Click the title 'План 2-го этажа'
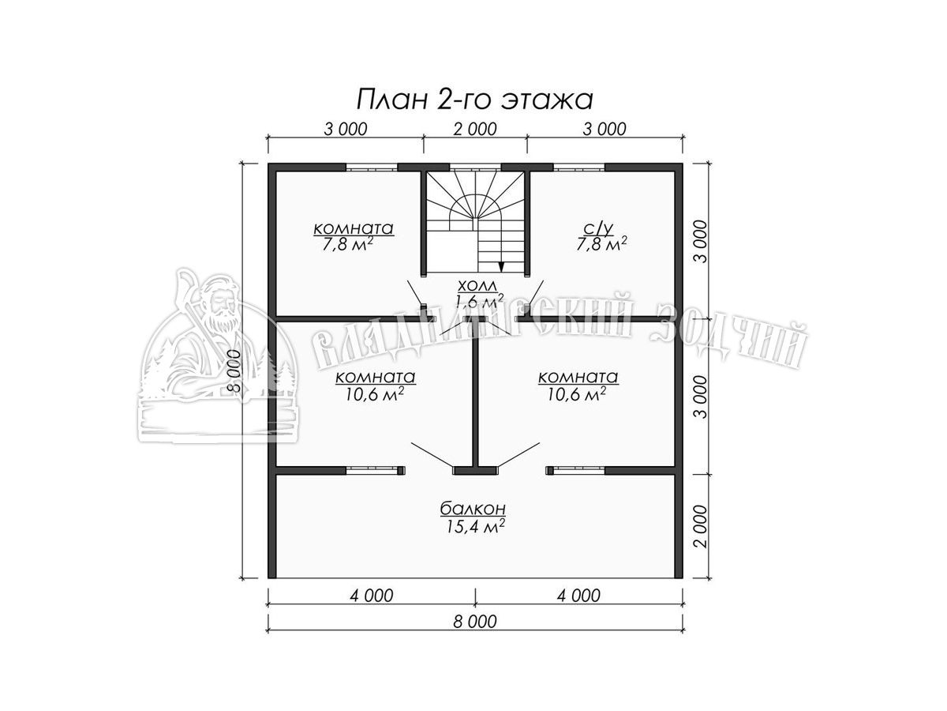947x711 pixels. coord(474,100)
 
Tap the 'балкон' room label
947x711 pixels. coord(473,509)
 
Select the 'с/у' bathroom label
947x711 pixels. coord(601,228)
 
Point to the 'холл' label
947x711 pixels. coord(477,285)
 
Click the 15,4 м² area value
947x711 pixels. coord(473,526)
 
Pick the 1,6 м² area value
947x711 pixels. coord(479,301)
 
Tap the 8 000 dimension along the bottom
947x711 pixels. coord(475,622)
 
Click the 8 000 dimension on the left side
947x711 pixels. coord(234,371)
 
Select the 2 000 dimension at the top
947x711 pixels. coord(475,129)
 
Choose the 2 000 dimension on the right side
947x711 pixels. coord(702,527)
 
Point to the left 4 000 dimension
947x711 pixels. coord(372,596)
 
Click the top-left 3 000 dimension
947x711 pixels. coord(345,129)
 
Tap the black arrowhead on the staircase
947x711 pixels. coord(501,266)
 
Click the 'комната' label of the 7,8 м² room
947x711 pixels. coord(354,228)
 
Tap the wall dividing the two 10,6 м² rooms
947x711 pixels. coord(475,401)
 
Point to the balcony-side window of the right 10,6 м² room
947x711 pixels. coord(576,471)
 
